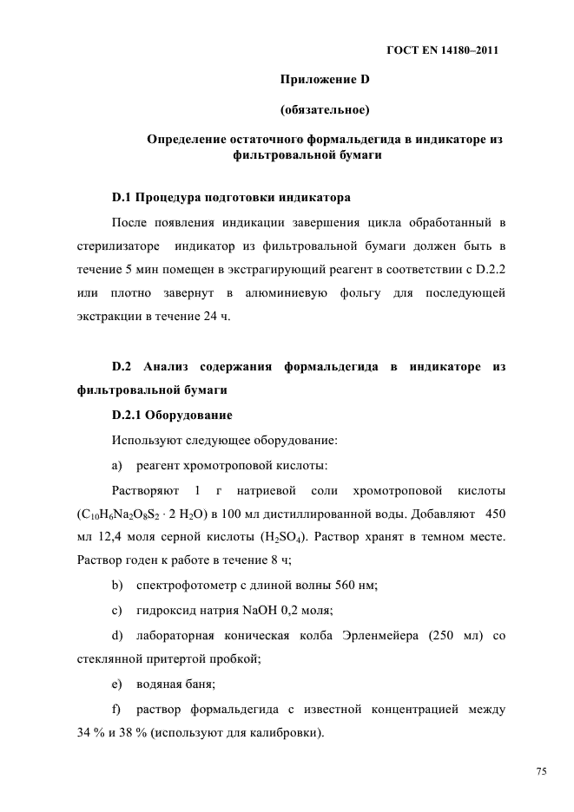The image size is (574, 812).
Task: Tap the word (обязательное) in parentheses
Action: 326,110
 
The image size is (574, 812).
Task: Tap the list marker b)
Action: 118,586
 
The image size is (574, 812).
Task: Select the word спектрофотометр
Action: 187,586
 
